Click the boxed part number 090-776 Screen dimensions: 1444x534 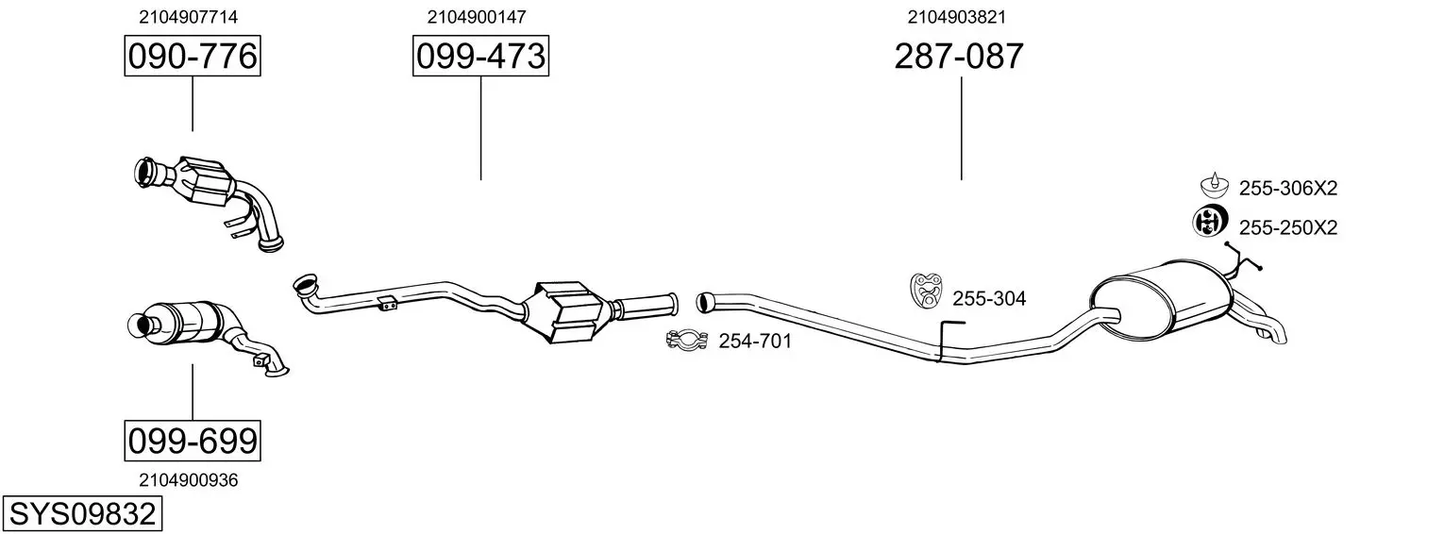(193, 56)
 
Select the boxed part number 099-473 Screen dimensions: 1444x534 (480, 56)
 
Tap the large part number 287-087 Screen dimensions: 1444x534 (959, 56)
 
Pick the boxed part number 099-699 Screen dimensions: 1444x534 (193, 442)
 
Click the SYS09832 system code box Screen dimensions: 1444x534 (82, 514)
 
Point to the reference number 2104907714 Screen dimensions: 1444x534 (188, 17)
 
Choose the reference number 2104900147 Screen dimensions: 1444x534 (477, 17)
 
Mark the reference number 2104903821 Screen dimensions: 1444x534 (957, 17)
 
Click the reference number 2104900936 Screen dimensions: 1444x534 (188, 480)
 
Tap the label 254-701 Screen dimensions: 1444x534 (755, 342)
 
